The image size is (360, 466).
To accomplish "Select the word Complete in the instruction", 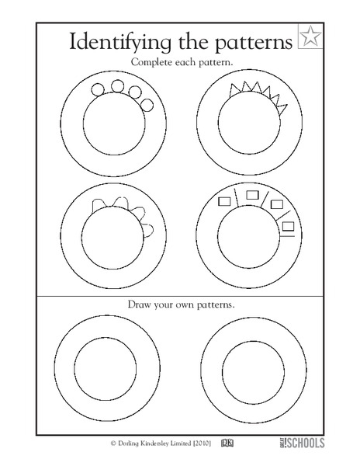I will point(154,61).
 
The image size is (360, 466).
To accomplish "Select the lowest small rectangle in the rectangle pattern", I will point(288,226).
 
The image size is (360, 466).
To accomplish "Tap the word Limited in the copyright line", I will point(193,443).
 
